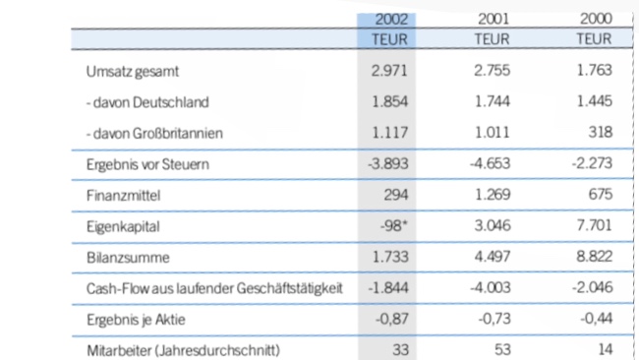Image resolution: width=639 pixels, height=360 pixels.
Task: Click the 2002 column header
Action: [x=388, y=20]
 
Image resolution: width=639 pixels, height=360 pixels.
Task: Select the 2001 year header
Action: [x=492, y=20]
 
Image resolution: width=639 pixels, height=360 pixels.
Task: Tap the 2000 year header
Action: [x=593, y=20]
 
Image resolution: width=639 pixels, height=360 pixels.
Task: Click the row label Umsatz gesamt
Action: [x=133, y=72]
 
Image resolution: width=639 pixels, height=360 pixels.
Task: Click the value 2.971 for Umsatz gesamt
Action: [x=389, y=72]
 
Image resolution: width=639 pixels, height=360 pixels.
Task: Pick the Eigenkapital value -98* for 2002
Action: [x=394, y=227]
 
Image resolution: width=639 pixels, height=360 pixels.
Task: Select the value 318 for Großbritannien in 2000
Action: [x=600, y=133]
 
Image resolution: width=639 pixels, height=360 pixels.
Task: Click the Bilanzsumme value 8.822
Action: [x=593, y=258]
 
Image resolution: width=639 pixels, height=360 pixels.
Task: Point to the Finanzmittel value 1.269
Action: [x=492, y=196]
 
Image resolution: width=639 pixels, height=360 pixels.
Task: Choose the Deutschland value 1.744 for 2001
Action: [x=492, y=102]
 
